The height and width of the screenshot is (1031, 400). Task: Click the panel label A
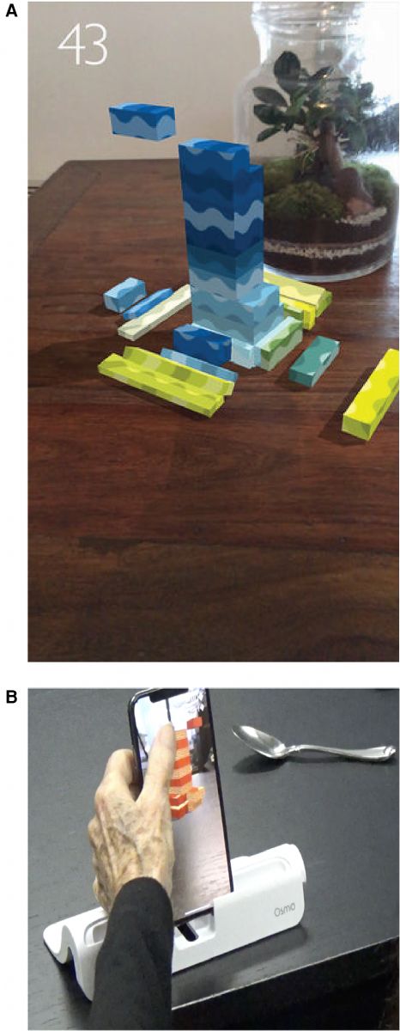[x=11, y=10]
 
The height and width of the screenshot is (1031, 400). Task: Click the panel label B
[x=11, y=697]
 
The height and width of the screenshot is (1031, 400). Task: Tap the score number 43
[x=82, y=44]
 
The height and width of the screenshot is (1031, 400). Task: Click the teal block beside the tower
[x=314, y=359]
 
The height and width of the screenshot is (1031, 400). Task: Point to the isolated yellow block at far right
[x=372, y=394]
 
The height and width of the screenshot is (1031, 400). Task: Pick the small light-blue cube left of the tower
[x=124, y=293]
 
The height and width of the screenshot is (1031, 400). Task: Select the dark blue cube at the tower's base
[x=202, y=345]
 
